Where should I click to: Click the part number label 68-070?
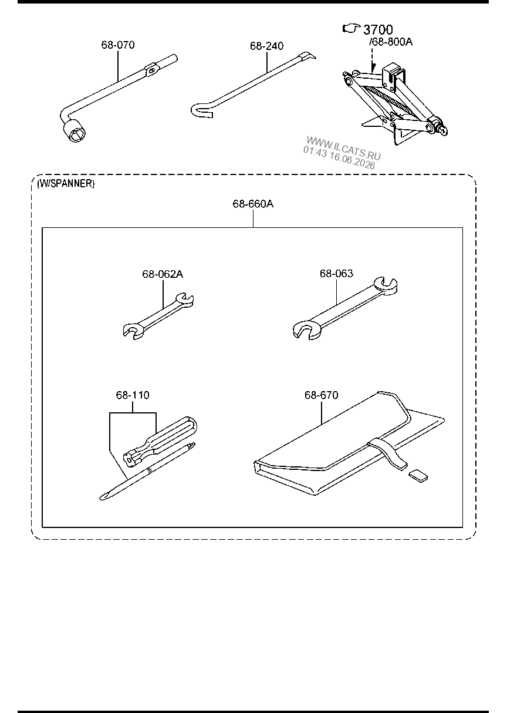coord(118,45)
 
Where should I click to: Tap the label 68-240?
coord(266,46)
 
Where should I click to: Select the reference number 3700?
coord(378,29)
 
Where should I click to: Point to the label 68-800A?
coord(392,42)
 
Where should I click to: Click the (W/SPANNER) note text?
coord(66,184)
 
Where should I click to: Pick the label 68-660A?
coord(253,204)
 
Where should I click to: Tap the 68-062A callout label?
coord(163,274)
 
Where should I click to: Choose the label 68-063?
coord(336,274)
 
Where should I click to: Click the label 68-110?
coord(133,395)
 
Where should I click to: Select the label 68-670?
coord(321,395)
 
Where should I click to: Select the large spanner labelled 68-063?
coord(345,308)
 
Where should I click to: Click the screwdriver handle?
coord(160,441)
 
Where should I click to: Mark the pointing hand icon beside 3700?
coord(351,29)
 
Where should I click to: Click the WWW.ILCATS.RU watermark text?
coord(343,147)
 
